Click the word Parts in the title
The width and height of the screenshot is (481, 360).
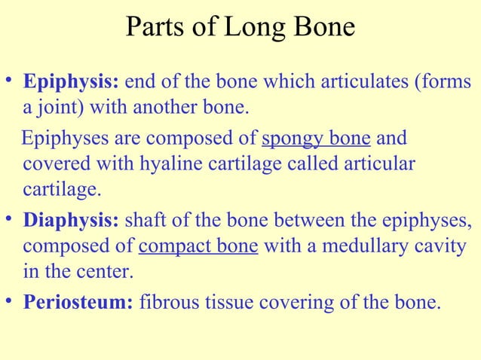[153, 27]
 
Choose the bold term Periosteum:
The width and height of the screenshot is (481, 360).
[79, 304]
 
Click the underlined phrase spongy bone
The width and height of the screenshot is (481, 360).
[316, 139]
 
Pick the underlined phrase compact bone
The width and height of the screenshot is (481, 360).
[199, 249]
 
